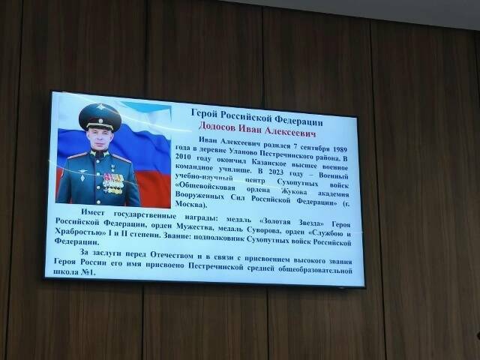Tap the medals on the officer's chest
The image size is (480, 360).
(113, 182)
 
